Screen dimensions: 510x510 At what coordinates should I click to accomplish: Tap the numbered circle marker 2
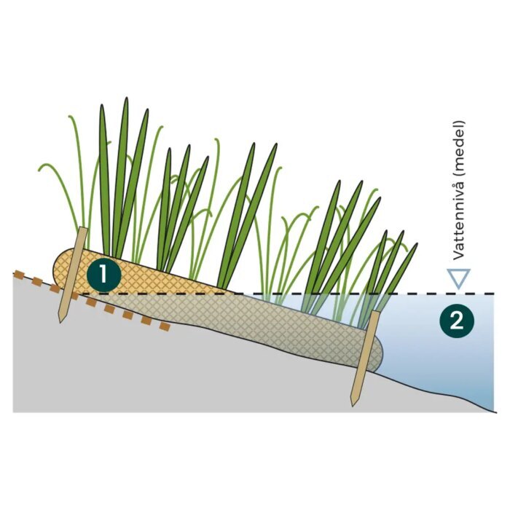(457, 321)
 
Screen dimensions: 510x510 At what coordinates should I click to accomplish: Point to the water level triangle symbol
(458, 277)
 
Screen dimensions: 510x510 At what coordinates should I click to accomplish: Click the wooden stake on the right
(364, 358)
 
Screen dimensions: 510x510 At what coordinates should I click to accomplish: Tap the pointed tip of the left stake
(60, 322)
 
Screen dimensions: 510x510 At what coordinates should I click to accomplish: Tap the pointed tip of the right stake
(352, 406)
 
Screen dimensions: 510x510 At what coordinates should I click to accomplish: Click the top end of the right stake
(374, 312)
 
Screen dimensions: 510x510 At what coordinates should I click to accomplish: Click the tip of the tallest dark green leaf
(126, 98)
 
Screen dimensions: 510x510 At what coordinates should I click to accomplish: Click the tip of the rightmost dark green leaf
(417, 243)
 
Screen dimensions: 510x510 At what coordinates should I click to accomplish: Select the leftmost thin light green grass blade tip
(39, 169)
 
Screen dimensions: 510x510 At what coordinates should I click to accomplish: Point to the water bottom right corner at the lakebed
(495, 412)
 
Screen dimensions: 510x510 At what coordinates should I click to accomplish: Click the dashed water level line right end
(495, 294)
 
